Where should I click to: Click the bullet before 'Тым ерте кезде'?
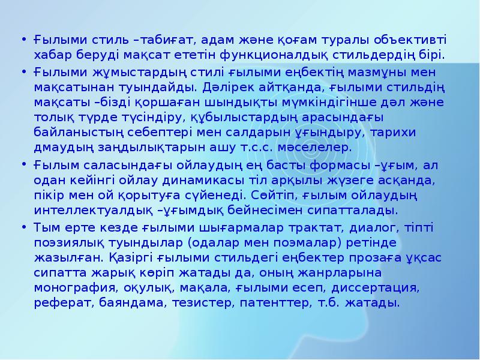point(23,229)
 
